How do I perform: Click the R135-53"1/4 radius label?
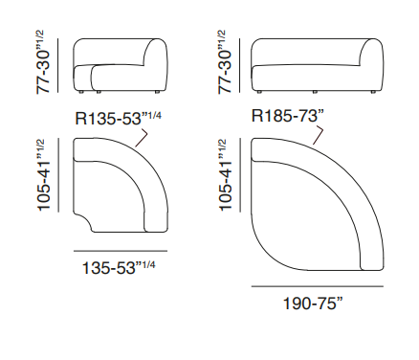tap(118, 118)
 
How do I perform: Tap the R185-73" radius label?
tap(288, 116)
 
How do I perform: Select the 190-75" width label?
tap(313, 304)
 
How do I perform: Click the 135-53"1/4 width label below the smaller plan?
tap(119, 267)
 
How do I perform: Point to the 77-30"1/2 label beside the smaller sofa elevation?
tap(44, 61)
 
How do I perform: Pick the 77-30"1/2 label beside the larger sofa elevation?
tap(225, 61)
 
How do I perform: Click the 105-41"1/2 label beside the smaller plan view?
tap(44, 175)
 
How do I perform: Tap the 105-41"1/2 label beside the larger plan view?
tap(225, 175)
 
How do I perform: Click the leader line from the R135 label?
tap(143, 137)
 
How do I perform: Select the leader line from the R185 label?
tap(319, 135)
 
